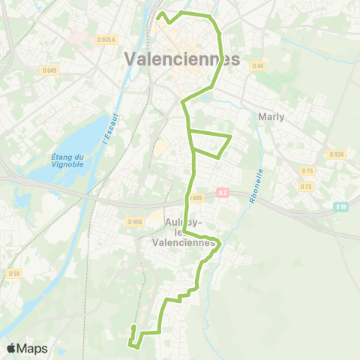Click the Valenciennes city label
(x=182, y=59)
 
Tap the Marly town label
(x=271, y=117)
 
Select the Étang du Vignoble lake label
(x=68, y=160)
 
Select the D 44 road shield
(x=259, y=66)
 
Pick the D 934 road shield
(x=336, y=154)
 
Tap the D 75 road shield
(x=305, y=171)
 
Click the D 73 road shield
(x=305, y=186)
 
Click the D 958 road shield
(x=135, y=221)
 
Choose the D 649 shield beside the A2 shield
(x=196, y=198)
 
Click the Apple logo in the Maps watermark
(x=12, y=348)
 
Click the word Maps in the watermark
(x=32, y=348)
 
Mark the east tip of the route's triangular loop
(x=230, y=136)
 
